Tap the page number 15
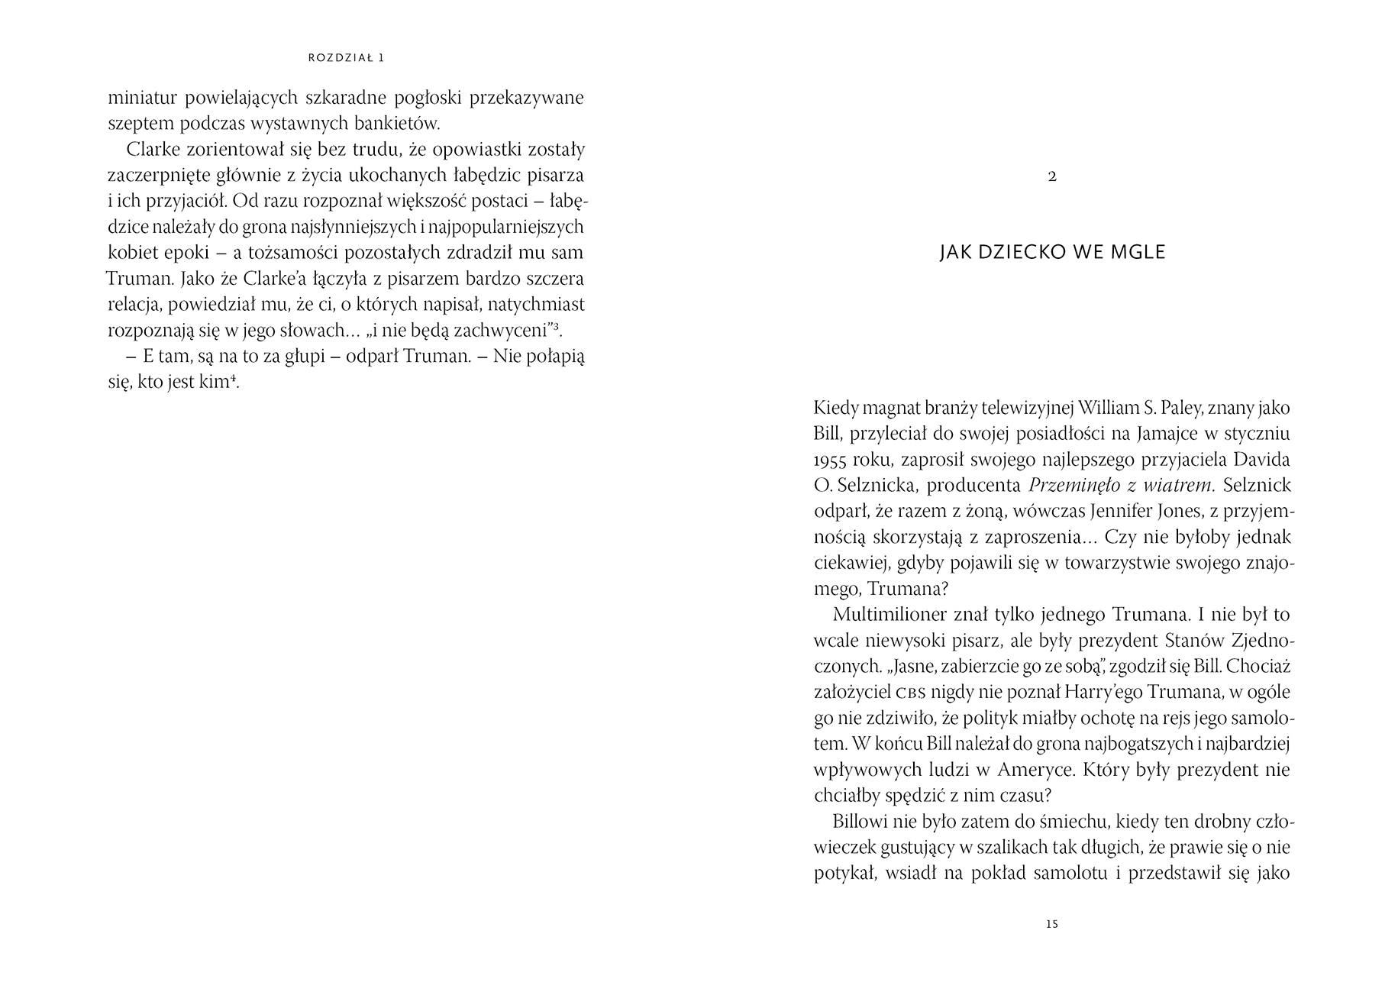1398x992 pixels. coord(1051,925)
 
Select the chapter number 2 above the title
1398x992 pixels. coord(1052,176)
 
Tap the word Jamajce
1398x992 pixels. coord(1135,434)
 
